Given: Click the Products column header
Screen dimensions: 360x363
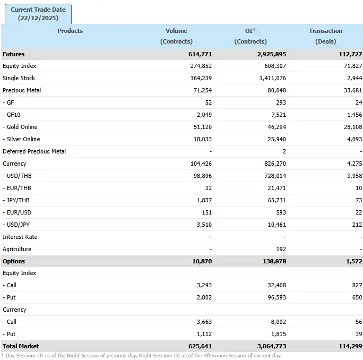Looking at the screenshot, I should [70, 31].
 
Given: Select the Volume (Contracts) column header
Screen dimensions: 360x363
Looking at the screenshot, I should [176, 36].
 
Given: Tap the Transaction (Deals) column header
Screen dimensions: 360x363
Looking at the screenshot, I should [325, 36].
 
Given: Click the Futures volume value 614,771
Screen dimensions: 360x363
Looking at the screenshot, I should [200, 54].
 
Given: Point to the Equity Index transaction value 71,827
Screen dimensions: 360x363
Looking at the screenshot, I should [351, 66].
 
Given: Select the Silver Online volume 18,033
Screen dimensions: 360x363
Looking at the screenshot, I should [202, 139].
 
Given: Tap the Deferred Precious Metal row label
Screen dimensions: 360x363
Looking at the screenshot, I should [34, 151].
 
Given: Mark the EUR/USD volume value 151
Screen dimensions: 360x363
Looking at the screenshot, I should [206, 212].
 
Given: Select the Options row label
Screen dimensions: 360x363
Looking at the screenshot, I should [14, 261].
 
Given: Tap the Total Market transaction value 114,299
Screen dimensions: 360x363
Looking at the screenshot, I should [349, 346].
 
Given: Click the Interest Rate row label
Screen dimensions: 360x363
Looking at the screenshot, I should [20, 237].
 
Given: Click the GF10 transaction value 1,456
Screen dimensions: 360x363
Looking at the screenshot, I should [353, 115].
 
